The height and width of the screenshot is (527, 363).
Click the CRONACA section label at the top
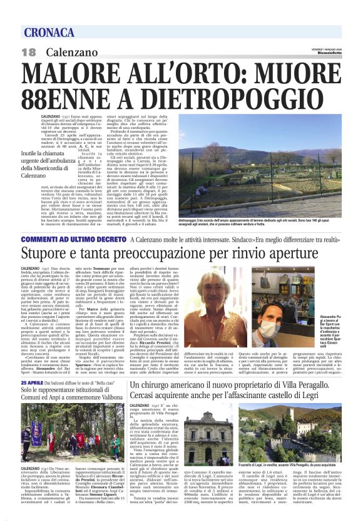(x=48, y=33)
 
